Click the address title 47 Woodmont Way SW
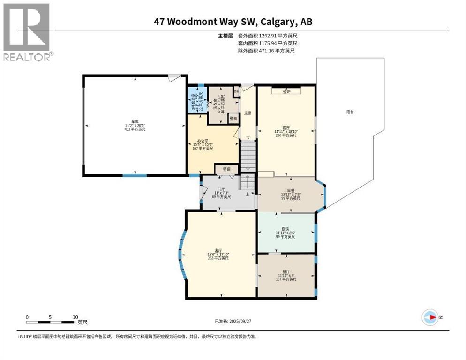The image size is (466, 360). pos(233,21)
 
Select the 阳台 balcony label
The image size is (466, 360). pos(350,112)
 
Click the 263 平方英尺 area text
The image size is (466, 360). pos(218,258)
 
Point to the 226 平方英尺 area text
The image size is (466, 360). pos(286,135)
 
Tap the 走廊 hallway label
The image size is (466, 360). pos(248,113)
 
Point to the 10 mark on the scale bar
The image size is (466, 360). pos(75,317)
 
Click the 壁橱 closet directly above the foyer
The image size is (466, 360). pos(226,169)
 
